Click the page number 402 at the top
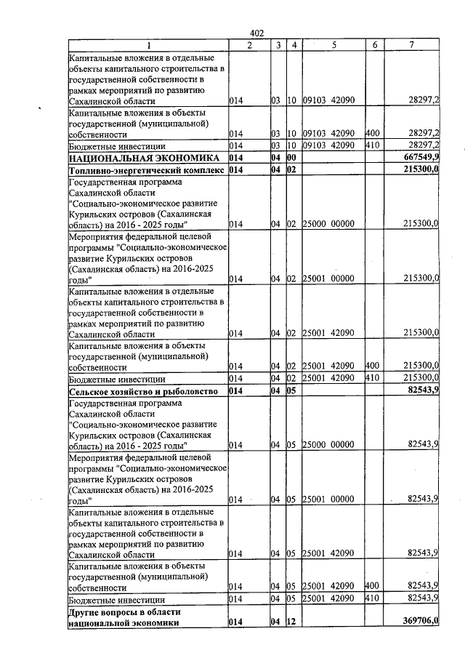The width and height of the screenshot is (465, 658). click(256, 33)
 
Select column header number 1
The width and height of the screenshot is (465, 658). click(147, 46)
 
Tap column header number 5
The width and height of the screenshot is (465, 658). click(333, 46)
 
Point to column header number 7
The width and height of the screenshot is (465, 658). click(411, 46)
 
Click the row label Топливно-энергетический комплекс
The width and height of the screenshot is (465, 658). click(146, 170)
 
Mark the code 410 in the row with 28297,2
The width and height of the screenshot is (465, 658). click(373, 145)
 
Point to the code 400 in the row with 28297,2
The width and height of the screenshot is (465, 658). click(373, 134)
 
